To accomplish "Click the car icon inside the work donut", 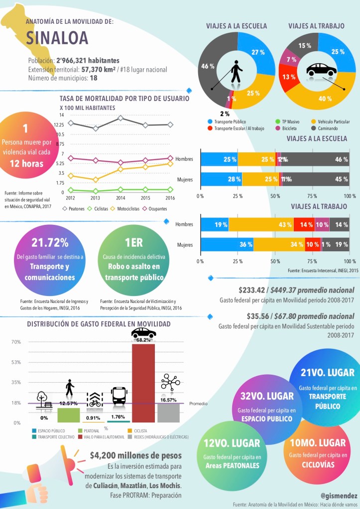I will coord(320,69).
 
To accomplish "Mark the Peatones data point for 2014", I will coord(120,118).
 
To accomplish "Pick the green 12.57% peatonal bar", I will coord(68,415).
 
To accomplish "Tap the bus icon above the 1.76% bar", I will coord(119,396).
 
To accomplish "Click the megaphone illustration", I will coord(52,469).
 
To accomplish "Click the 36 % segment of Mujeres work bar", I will coord(227,244).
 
